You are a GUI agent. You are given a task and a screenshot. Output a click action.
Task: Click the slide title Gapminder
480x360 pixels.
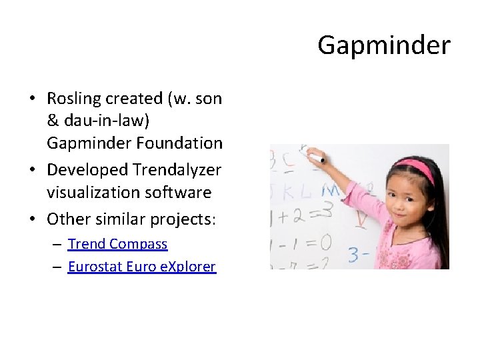tap(383, 45)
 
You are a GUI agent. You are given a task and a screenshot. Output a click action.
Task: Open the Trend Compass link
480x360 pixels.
tap(117, 244)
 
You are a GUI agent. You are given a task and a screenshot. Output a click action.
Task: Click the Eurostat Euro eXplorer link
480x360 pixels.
tap(141, 267)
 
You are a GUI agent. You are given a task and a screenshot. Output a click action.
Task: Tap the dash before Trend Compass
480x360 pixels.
tap(58, 245)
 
